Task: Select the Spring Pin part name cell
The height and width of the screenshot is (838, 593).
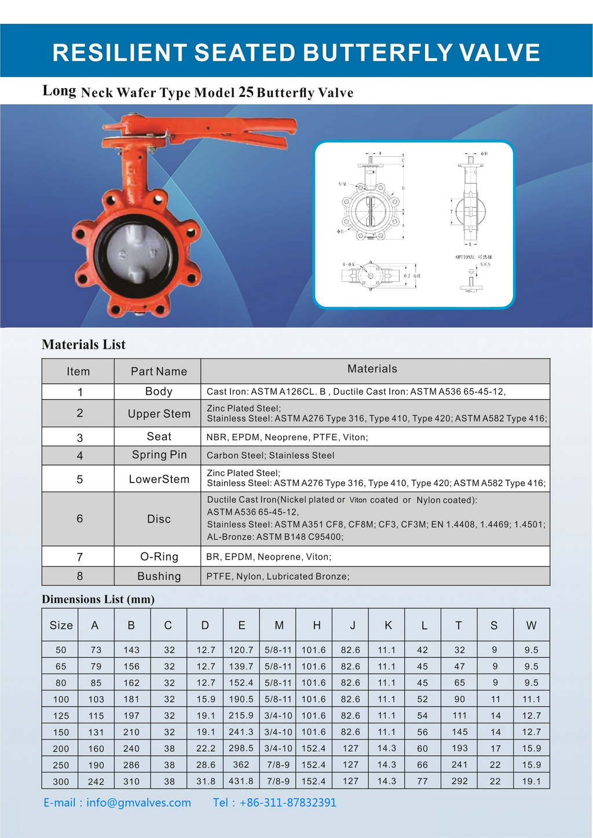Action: (x=159, y=455)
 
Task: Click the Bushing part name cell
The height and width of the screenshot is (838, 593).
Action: (x=159, y=576)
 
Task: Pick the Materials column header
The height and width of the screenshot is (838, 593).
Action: (x=372, y=369)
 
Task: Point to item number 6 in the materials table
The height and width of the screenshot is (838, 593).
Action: (x=80, y=519)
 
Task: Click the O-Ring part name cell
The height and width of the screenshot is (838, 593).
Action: (x=159, y=557)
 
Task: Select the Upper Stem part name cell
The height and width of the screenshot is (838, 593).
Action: (x=159, y=413)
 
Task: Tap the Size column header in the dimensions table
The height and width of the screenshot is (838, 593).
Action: (x=61, y=625)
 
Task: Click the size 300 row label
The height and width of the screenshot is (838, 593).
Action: (x=61, y=781)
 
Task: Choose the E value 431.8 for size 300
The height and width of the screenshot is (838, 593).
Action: (x=241, y=781)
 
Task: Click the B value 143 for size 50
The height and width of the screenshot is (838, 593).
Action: (x=131, y=650)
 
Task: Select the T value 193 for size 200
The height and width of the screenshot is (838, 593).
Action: (x=459, y=748)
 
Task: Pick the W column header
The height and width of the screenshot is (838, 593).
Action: (x=531, y=625)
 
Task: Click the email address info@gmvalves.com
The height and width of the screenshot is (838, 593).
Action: (x=138, y=803)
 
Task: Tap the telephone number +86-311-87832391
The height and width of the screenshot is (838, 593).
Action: (x=287, y=803)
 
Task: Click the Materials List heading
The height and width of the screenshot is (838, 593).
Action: (x=83, y=345)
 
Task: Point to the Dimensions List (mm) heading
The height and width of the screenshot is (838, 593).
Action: (x=98, y=599)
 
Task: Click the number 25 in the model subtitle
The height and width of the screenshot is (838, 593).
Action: (x=246, y=92)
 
